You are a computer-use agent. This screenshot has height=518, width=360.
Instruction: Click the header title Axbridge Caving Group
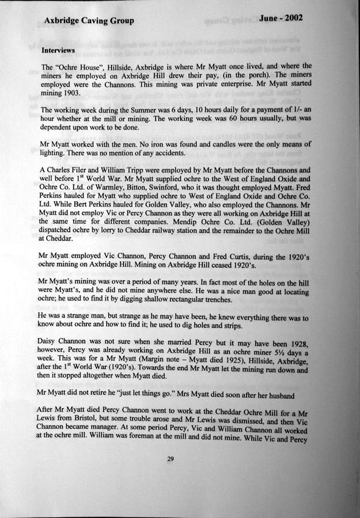click(x=89, y=21)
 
